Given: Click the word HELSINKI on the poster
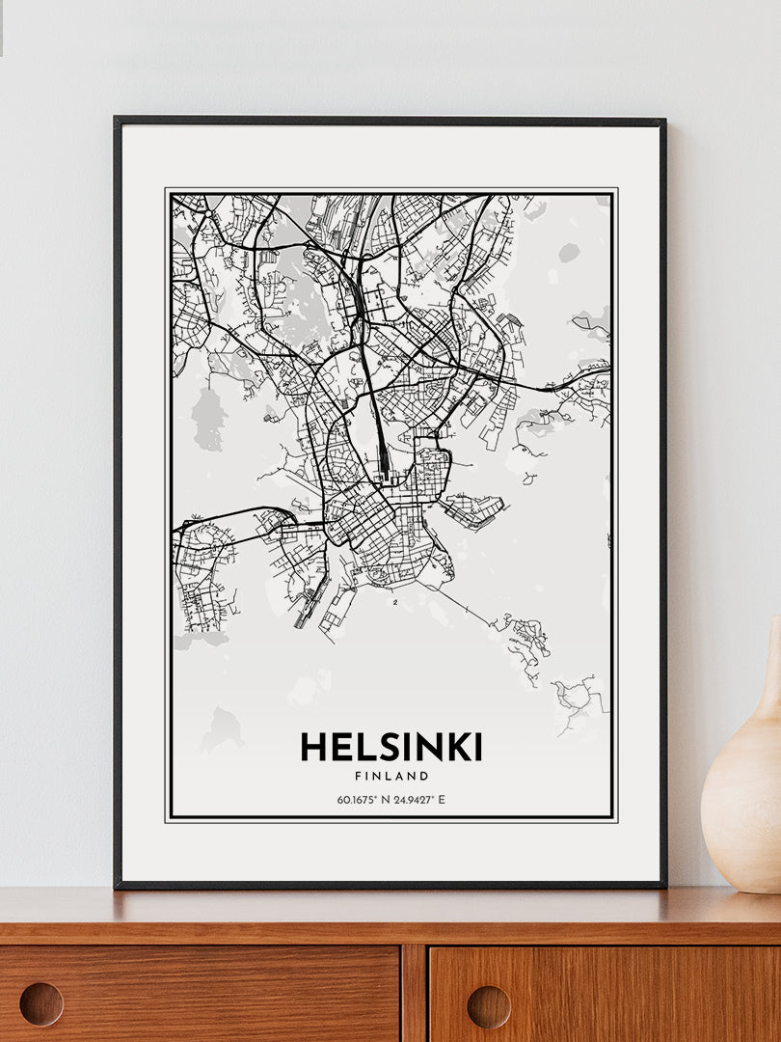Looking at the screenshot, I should point(390,747).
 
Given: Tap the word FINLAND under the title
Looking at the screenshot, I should point(390,776).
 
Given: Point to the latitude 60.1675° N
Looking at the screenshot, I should point(363,799).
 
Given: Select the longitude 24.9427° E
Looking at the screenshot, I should point(420,799).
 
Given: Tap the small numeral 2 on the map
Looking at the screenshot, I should point(395,603).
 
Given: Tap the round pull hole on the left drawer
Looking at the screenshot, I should point(41,1003).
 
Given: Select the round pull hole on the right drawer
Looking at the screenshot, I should point(489,1006).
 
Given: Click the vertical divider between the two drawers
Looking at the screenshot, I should point(415,994).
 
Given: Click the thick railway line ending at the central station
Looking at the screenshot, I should point(374,405).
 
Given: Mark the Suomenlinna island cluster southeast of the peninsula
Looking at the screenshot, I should point(526,637).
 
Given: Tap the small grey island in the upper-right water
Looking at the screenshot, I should point(569,252).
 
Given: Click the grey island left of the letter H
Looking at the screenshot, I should point(222,728).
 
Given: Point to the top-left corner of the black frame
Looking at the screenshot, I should point(117,121).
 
